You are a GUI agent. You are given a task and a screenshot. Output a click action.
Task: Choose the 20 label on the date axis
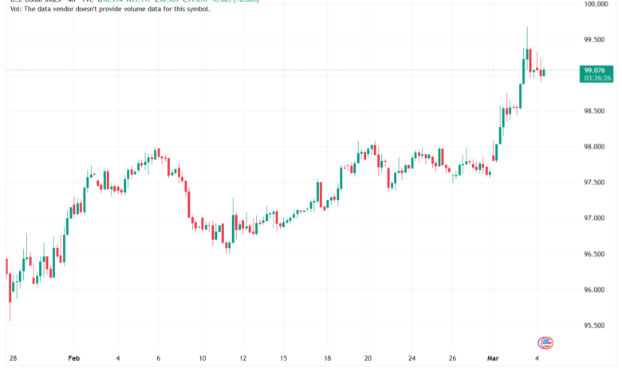coord(367,359)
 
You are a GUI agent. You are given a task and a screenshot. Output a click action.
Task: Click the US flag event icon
coord(546,342)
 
